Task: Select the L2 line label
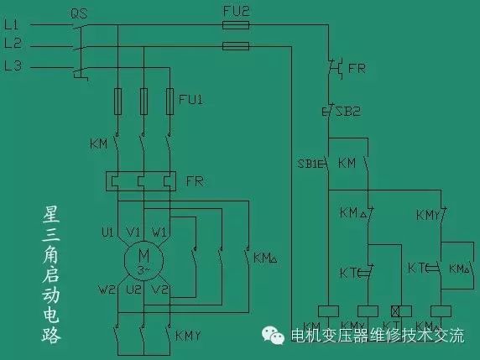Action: [13, 44]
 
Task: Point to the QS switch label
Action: [80, 13]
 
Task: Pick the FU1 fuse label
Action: [190, 101]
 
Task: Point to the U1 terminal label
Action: [107, 231]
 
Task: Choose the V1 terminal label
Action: [133, 231]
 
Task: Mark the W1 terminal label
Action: [159, 231]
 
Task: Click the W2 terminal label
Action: [106, 290]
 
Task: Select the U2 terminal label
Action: [133, 290]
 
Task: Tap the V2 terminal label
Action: [161, 290]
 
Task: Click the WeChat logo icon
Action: [274, 335]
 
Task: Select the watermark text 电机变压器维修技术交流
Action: [375, 336]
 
